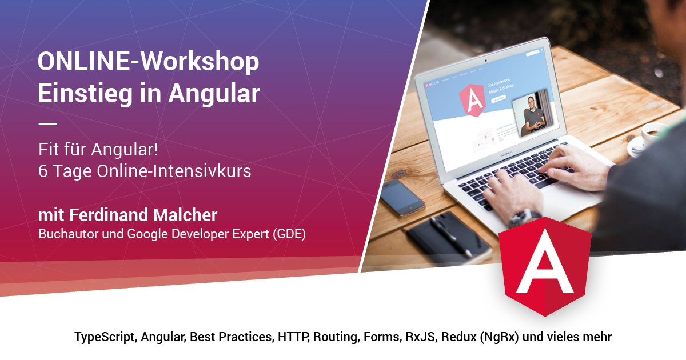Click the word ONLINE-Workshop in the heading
[x=148, y=62]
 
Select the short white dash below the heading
[x=47, y=123]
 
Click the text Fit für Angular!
[x=98, y=151]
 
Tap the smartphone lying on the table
[x=402, y=197]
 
